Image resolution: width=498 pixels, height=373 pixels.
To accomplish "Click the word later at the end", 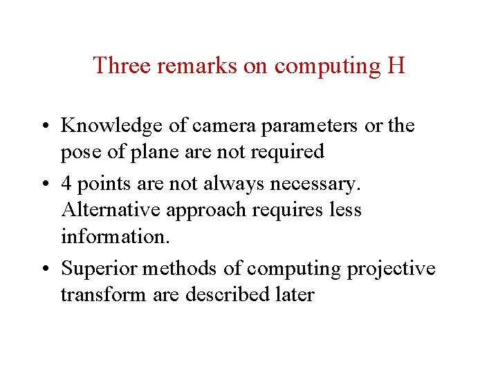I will [x=295, y=295].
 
